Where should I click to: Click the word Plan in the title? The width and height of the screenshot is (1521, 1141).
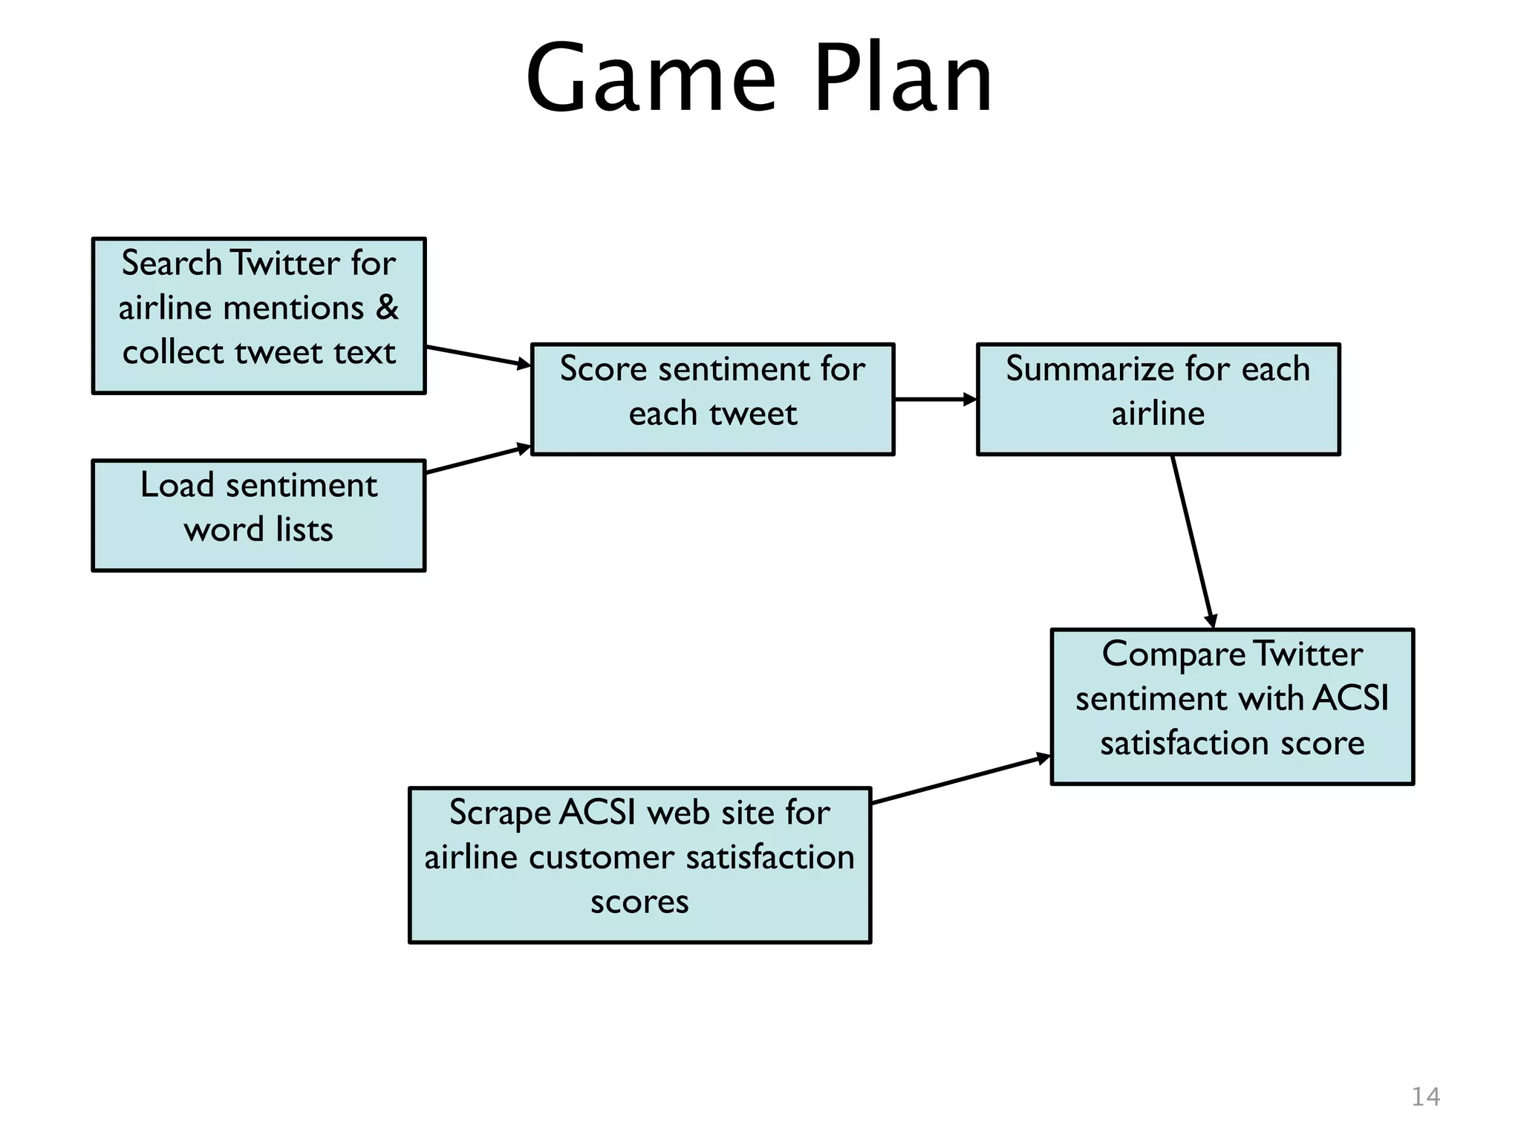coord(903,79)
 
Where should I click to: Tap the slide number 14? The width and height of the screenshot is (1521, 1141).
coord(1425,1096)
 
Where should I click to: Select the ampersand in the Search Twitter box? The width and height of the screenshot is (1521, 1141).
coord(387,308)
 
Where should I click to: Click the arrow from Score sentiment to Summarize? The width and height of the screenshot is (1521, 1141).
coord(935,399)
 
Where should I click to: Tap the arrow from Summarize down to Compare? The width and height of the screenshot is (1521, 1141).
coord(1193,542)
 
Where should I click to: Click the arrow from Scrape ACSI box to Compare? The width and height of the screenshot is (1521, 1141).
coord(961,780)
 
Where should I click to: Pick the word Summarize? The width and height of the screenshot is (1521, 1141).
coord(1090,369)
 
